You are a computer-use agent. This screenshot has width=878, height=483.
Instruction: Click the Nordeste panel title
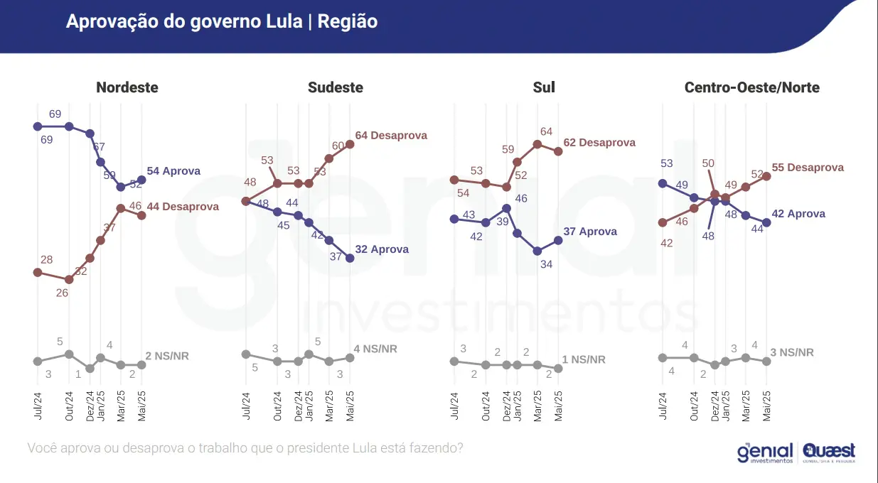pyautogui.click(x=127, y=88)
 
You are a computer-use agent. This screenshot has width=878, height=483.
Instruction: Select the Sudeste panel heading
pyautogui.click(x=335, y=88)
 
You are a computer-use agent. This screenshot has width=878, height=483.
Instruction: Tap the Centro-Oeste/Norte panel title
pyautogui.click(x=751, y=88)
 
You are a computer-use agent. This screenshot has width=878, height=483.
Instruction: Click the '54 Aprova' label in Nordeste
pyautogui.click(x=173, y=171)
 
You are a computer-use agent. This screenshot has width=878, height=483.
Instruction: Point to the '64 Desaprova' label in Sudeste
pyautogui.click(x=391, y=135)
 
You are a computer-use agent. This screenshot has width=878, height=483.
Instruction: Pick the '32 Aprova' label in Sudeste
pyautogui.click(x=382, y=249)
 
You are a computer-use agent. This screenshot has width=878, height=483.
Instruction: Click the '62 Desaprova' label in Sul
pyautogui.click(x=599, y=143)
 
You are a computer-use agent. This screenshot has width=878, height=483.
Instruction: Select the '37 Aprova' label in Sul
pyautogui.click(x=590, y=232)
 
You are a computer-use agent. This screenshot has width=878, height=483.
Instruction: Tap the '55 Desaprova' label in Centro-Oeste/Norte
pyautogui.click(x=808, y=168)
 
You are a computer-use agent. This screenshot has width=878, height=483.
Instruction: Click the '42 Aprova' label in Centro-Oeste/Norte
pyautogui.click(x=798, y=214)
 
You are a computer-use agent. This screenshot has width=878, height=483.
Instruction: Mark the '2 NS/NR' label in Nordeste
pyautogui.click(x=167, y=356)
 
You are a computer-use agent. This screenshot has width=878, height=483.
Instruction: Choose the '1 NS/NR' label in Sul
pyautogui.click(x=584, y=359)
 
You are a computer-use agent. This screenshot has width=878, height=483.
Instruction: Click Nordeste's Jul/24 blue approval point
pyautogui.click(x=38, y=126)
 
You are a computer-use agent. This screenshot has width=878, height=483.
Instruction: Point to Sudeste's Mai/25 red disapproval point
pyautogui.click(x=349, y=144)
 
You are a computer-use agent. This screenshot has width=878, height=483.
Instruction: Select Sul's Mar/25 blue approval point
pyautogui.click(x=537, y=251)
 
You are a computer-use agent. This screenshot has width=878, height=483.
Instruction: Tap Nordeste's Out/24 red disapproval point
pyautogui.click(x=69, y=279)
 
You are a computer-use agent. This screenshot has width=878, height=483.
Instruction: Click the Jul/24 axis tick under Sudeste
pyautogui.click(x=246, y=406)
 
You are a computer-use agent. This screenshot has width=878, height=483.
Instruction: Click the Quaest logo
pyautogui.click(x=830, y=452)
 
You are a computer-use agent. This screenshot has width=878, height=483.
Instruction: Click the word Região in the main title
pyautogui.click(x=348, y=22)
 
